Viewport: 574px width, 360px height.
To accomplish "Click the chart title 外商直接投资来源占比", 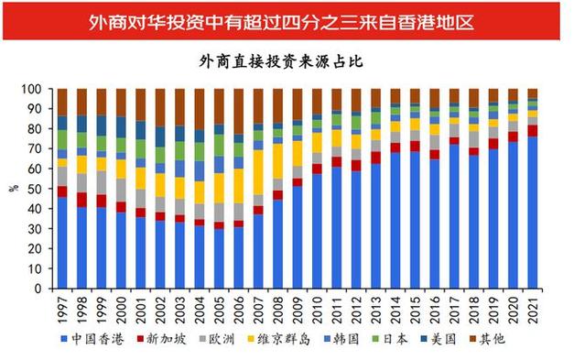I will pos(287,60).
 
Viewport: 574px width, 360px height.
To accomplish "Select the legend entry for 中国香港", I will pos(100,340).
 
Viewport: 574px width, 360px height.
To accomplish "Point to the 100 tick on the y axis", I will pos(38,90).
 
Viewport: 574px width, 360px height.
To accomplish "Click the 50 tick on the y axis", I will pos(40,190).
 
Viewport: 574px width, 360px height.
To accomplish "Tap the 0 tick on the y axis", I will pos(43,289).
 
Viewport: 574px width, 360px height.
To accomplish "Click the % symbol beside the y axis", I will pos(13,189).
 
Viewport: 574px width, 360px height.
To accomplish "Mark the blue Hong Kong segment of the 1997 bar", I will pos(62,243).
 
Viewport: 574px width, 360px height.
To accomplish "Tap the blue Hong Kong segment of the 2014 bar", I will pos(395,221).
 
